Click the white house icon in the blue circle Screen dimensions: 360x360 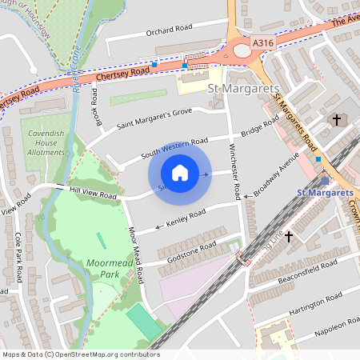point(180,173)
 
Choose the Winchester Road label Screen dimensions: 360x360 point(235,170)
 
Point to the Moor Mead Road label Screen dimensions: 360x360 point(138,254)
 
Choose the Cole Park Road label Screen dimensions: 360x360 point(18,250)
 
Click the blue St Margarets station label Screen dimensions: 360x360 point(324,194)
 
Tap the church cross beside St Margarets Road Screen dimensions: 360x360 point(337,121)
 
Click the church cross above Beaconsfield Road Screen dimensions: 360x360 point(289,238)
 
